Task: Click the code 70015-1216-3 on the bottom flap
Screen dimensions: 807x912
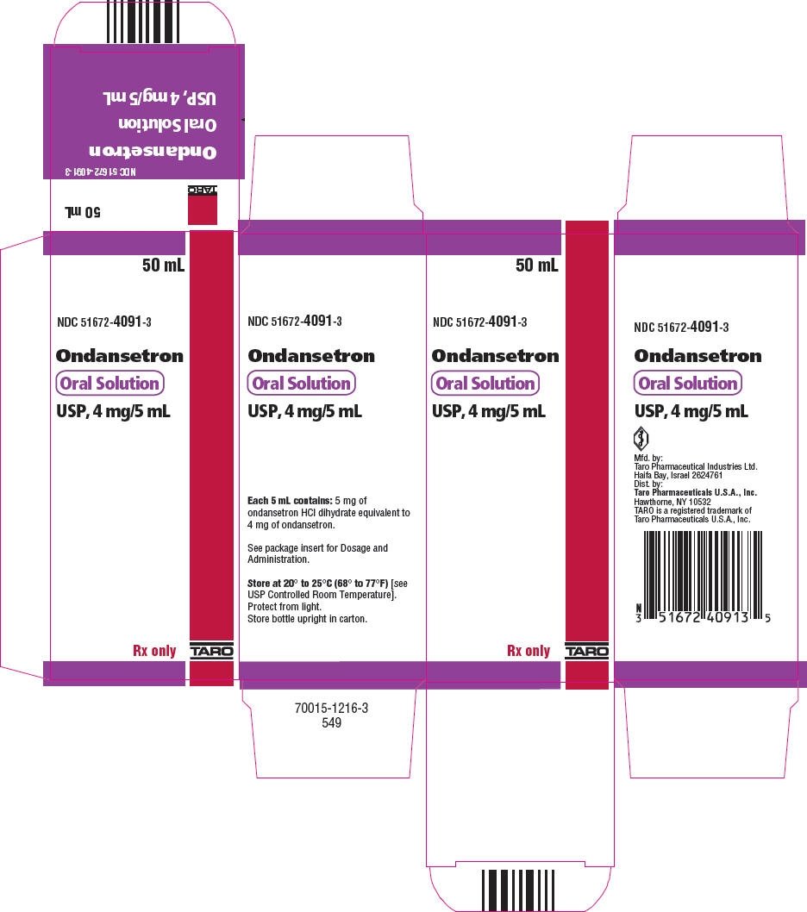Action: (331, 708)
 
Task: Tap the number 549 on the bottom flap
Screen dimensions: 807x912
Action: (331, 723)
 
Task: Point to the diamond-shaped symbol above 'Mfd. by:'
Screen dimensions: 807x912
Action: (641, 438)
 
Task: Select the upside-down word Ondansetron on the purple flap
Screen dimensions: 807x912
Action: (153, 152)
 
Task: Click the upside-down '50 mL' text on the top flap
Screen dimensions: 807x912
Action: (83, 212)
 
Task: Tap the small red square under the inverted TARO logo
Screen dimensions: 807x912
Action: (203, 209)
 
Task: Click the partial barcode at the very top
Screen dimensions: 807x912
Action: (143, 22)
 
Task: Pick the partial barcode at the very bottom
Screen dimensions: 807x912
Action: (518, 891)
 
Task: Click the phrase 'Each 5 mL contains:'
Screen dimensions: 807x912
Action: (290, 500)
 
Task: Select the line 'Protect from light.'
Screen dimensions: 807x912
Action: (285, 607)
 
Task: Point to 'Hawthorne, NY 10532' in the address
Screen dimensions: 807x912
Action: (672, 502)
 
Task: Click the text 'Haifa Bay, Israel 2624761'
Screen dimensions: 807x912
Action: (679, 475)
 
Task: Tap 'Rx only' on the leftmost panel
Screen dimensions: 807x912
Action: (154, 651)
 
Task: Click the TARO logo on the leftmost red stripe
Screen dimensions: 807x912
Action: (212, 652)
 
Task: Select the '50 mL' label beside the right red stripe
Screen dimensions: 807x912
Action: (536, 265)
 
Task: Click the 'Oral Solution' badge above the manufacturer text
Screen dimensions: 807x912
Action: (688, 384)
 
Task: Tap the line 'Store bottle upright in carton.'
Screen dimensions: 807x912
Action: (307, 619)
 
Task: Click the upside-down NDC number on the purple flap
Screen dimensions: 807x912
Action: (101, 172)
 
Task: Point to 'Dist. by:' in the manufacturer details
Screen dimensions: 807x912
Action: (648, 484)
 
